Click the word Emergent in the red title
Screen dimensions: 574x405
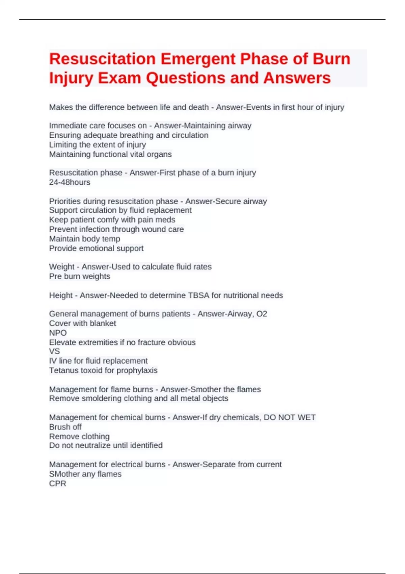[198, 59]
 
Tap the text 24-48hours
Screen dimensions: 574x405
[70, 182]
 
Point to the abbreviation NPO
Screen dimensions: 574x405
[58, 333]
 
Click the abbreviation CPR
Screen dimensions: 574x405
[58, 484]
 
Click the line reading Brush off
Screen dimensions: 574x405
[65, 427]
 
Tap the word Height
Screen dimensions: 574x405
[61, 295]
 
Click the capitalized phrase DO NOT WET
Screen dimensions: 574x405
[290, 418]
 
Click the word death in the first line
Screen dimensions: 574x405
[197, 107]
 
